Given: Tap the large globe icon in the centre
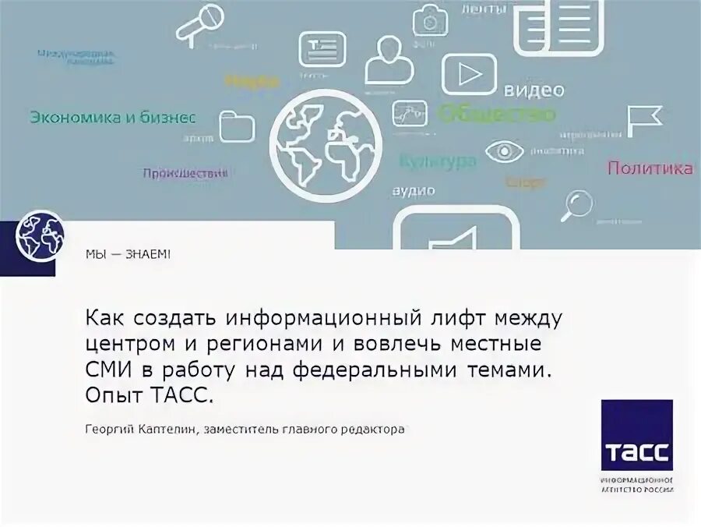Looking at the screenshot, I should [x=326, y=140].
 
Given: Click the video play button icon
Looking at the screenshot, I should [x=469, y=73].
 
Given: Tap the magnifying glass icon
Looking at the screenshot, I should [x=578, y=205].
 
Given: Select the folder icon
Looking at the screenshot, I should [x=237, y=126].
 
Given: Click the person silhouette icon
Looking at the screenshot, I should [x=386, y=58].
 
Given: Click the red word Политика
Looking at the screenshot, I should [x=650, y=168].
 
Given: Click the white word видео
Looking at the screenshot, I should [x=534, y=90].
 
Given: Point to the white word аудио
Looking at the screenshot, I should [x=414, y=190].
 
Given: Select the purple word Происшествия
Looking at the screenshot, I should [x=185, y=173].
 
